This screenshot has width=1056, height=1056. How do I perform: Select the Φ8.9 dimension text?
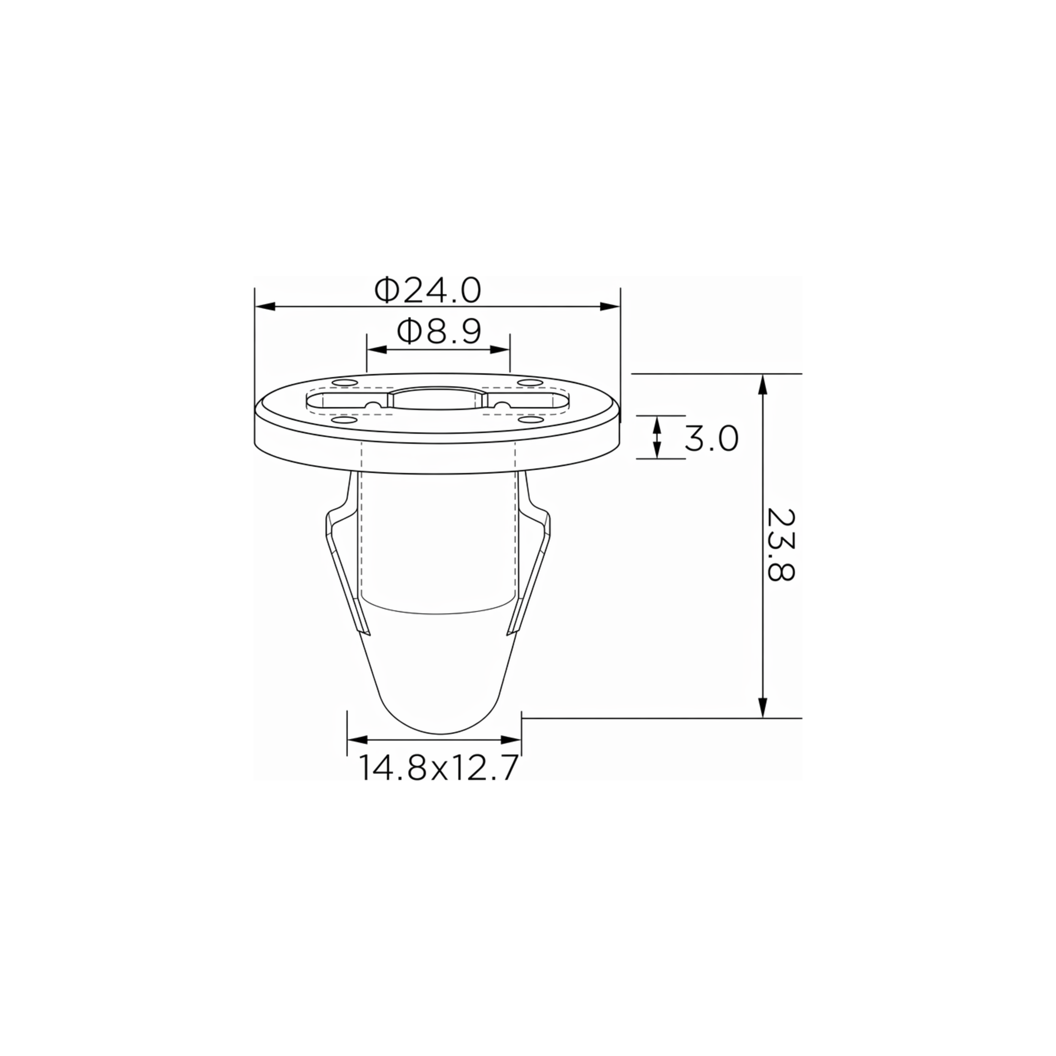point(439,332)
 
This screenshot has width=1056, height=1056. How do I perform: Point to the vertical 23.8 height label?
point(781,545)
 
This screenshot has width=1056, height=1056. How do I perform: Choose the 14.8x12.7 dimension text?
point(438,768)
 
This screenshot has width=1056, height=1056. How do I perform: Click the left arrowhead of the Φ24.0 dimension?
point(264,307)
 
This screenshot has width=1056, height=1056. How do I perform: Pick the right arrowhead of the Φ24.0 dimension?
point(610,307)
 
